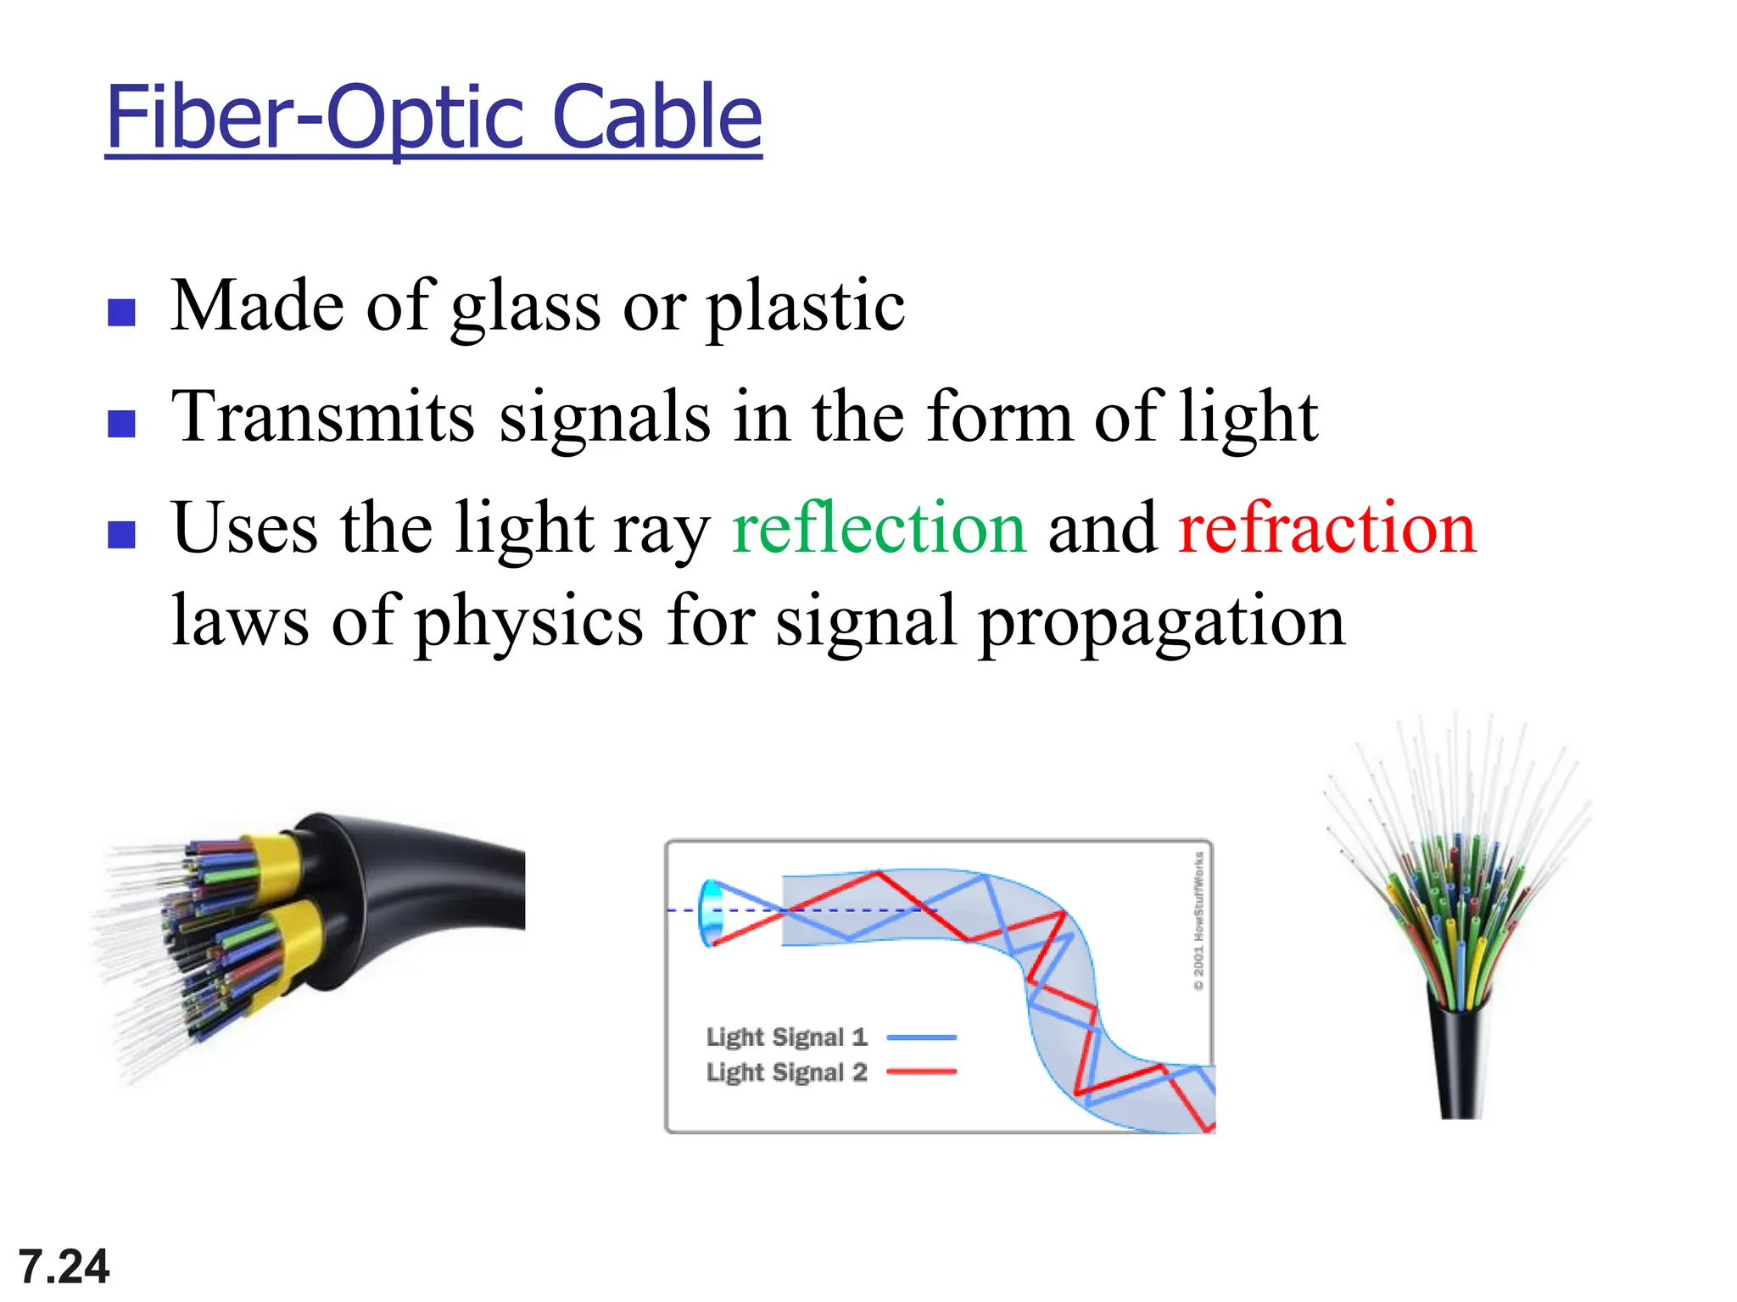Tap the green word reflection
point(879,529)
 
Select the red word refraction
point(1327,529)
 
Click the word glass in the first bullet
point(526,307)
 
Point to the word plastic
point(806,307)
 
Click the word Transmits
point(322,417)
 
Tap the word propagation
point(1162,622)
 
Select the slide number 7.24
point(64,1266)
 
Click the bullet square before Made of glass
point(122,313)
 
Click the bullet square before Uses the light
point(122,535)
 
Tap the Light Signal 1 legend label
point(786,1037)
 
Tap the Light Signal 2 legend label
point(786,1072)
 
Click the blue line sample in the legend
point(921,1037)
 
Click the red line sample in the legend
point(921,1072)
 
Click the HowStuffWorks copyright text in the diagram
point(1198,921)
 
